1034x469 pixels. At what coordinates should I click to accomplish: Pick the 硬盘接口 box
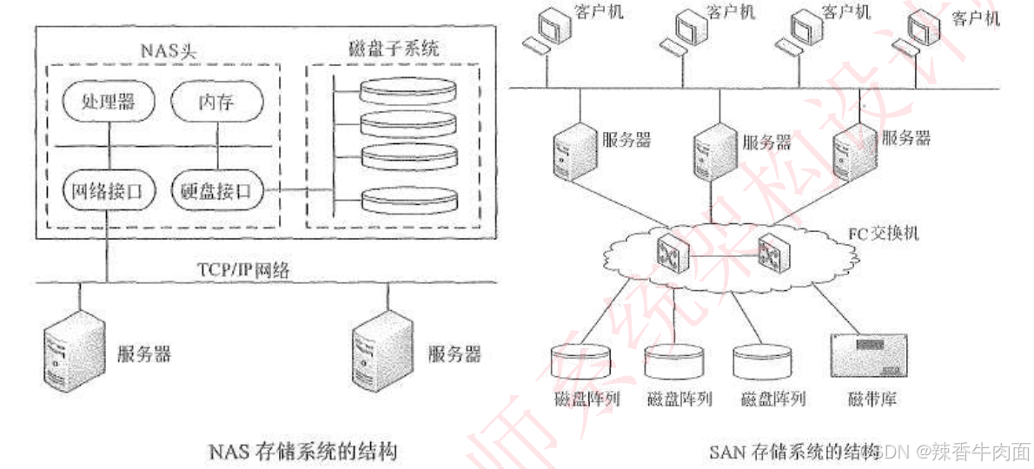pyautogui.click(x=218, y=191)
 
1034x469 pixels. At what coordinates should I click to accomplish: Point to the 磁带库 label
pyautogui.click(x=872, y=400)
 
